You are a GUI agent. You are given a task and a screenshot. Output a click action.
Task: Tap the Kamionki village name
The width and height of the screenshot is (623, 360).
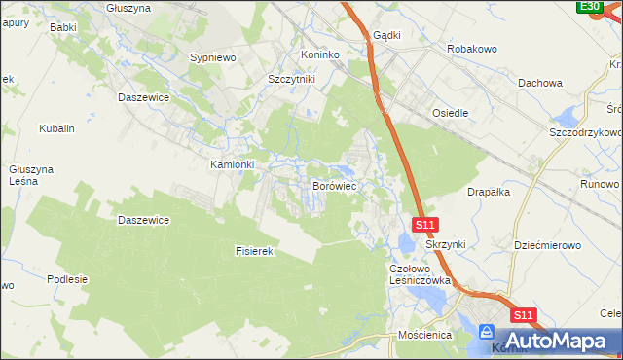[x=233, y=164]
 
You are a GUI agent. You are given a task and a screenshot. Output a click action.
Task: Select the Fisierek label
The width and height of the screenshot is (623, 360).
[x=257, y=251]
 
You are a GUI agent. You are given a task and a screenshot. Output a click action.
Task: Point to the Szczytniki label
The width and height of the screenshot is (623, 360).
[x=292, y=80]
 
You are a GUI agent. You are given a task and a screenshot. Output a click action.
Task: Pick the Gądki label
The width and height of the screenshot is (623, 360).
[x=386, y=35]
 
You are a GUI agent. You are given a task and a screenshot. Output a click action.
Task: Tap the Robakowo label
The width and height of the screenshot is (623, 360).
[x=472, y=48]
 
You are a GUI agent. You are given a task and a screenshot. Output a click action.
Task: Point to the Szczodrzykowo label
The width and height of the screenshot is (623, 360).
[x=585, y=131]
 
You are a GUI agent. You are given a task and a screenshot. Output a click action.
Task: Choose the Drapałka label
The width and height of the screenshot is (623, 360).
[x=490, y=192]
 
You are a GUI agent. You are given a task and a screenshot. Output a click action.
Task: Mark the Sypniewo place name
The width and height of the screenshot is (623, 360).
[x=214, y=58]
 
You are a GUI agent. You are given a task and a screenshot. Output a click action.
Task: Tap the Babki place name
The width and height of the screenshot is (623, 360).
[x=63, y=27]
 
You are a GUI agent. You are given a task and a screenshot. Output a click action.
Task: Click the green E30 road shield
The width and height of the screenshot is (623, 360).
[x=589, y=7]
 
